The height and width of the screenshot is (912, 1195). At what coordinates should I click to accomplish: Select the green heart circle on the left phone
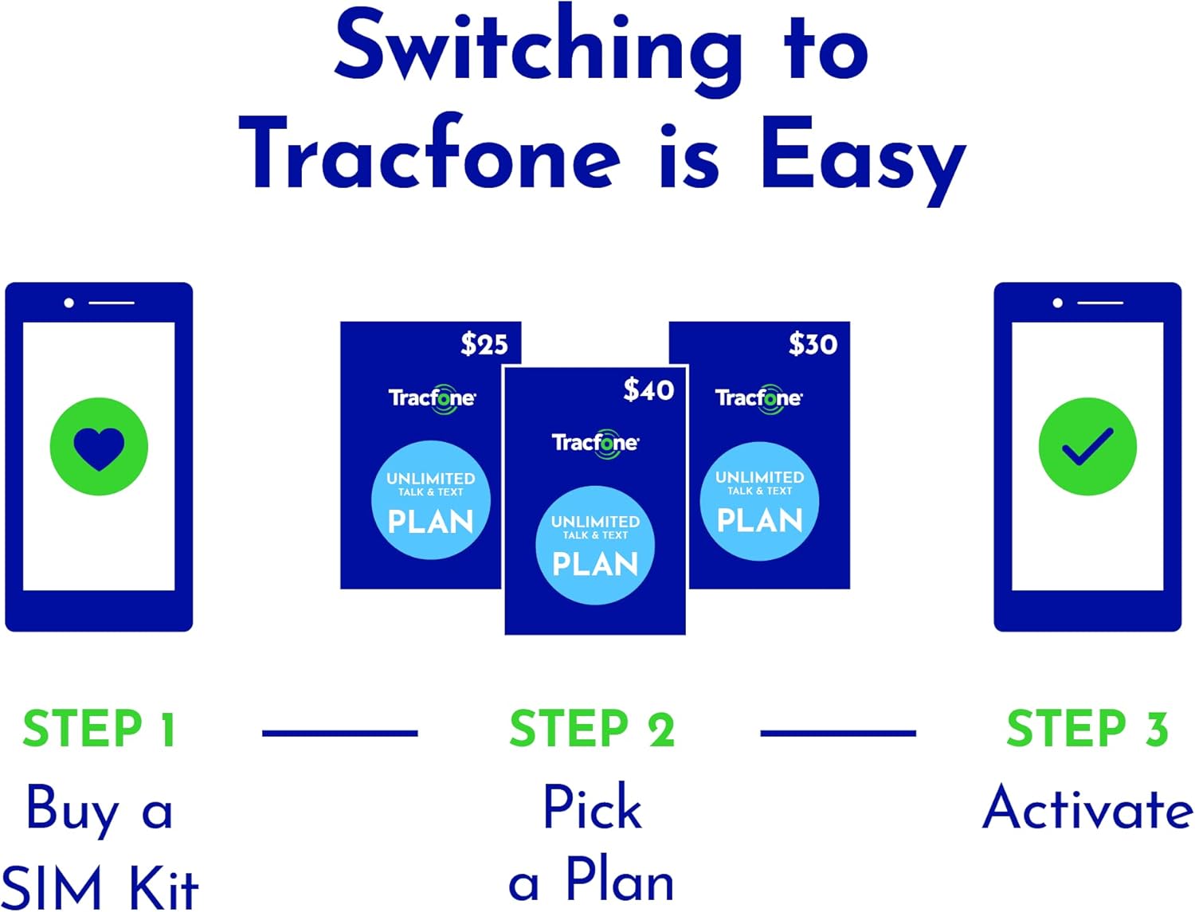click(99, 447)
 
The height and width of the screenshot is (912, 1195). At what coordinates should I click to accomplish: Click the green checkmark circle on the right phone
click(1087, 447)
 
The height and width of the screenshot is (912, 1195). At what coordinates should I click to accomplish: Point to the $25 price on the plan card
click(484, 344)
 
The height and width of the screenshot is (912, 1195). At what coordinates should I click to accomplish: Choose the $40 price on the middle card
click(648, 389)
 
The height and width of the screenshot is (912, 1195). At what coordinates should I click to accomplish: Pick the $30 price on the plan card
click(813, 344)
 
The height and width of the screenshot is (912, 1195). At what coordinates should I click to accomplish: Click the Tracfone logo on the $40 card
click(595, 443)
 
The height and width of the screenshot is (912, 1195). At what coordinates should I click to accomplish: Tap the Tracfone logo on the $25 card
click(432, 398)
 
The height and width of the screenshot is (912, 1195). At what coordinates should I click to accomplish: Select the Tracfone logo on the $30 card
click(758, 398)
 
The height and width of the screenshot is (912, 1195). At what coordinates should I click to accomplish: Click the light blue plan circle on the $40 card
click(595, 545)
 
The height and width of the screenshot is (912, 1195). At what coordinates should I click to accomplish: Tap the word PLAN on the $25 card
click(430, 523)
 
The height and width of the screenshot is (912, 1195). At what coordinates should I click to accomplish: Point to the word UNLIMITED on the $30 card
click(759, 477)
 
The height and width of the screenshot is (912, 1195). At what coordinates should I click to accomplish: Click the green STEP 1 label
click(99, 729)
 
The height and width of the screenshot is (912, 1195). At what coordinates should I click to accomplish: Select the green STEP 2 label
click(592, 729)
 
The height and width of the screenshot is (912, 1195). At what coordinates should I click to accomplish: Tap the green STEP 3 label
click(1087, 729)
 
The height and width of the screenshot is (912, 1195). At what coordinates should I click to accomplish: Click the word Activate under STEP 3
click(1087, 808)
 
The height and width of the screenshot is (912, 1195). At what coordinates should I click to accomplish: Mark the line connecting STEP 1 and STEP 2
click(340, 733)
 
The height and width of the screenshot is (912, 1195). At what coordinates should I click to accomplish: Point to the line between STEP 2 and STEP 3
click(838, 733)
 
